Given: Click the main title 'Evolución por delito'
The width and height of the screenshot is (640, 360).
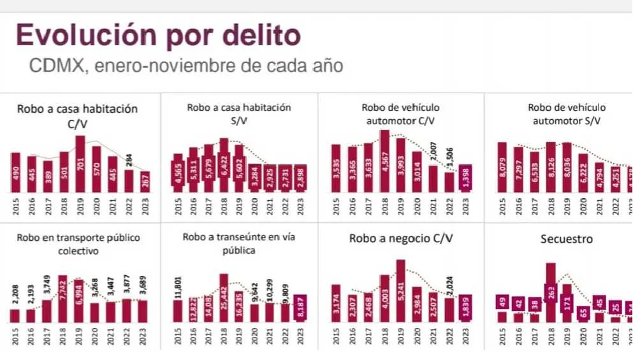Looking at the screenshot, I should point(158,35).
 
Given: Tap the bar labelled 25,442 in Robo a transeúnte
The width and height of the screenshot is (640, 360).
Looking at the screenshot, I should point(224,298).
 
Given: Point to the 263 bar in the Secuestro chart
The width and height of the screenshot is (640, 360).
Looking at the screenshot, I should point(551,292).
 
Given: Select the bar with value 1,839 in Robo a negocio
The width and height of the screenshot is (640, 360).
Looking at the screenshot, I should point(465,308).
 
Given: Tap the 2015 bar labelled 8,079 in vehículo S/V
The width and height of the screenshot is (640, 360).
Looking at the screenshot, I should point(502,167).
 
